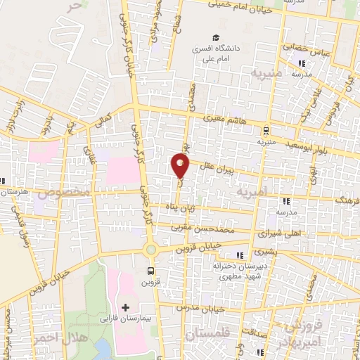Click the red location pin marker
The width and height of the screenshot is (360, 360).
coord(181,165)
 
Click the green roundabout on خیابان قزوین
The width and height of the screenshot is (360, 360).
coord(150,250)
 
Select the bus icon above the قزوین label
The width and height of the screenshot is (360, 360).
coord(150,270)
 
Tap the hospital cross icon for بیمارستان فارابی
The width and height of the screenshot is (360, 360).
coord(125,307)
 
